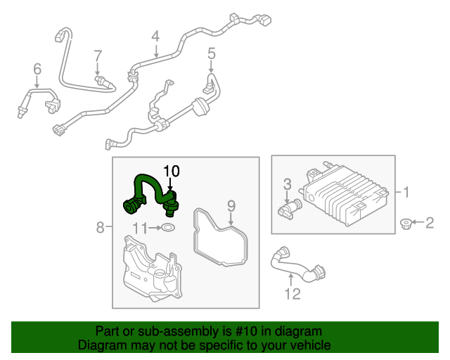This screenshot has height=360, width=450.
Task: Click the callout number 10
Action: coord(172,171)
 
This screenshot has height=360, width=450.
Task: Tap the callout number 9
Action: coord(230,206)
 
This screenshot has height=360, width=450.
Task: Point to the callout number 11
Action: coord(140,228)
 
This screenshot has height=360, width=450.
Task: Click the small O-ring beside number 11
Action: coord(168,228)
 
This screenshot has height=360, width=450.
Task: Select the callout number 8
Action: coord(101,227)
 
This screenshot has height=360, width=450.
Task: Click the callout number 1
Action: coord(405,191)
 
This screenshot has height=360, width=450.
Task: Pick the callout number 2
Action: coord(430,223)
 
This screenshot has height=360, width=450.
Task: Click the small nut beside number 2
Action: coord(406,224)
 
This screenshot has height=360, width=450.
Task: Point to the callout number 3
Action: coord(287,184)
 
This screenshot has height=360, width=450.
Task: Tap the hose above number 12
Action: coord(295,263)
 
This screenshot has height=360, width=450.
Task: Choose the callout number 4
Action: coord(155,36)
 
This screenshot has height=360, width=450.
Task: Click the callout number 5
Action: coord(210,53)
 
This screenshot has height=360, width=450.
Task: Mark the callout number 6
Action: coord(37,69)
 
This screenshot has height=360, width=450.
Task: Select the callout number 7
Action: coord(98,55)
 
